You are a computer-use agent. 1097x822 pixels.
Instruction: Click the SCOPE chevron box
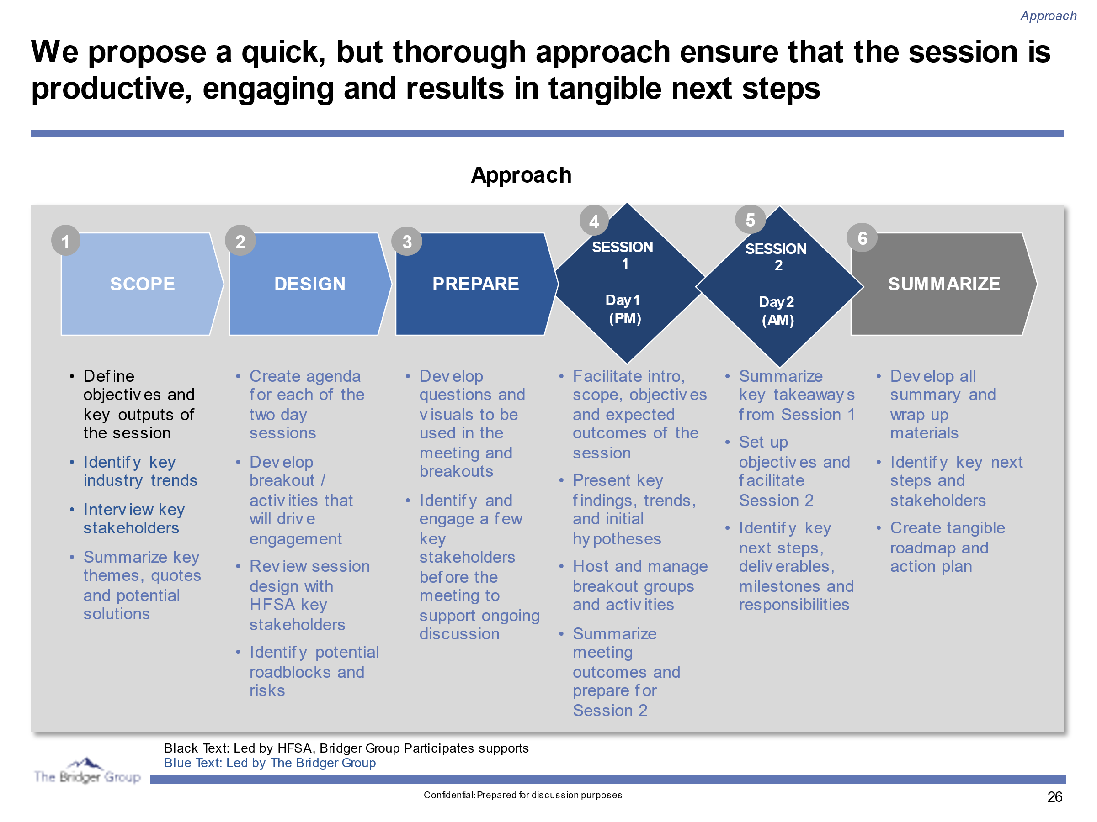click(142, 284)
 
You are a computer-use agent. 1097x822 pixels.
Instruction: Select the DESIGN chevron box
click(309, 284)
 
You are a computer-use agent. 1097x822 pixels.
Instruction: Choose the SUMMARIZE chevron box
click(943, 284)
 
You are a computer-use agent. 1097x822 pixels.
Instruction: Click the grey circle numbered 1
click(65, 241)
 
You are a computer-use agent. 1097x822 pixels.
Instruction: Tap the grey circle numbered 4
click(594, 221)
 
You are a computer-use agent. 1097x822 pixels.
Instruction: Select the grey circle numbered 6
click(862, 238)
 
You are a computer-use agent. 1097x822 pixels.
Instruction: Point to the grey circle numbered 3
click(407, 242)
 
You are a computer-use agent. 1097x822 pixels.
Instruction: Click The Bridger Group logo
click(87, 771)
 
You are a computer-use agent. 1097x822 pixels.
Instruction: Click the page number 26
click(1054, 797)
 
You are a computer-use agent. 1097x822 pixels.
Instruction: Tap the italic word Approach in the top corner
click(1048, 16)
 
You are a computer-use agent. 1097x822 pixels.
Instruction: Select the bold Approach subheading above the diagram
click(521, 175)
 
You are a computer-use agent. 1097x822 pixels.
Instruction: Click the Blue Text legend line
click(270, 763)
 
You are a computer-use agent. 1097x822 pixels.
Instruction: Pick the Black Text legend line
click(346, 748)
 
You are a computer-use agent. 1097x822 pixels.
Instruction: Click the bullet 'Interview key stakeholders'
click(133, 519)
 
